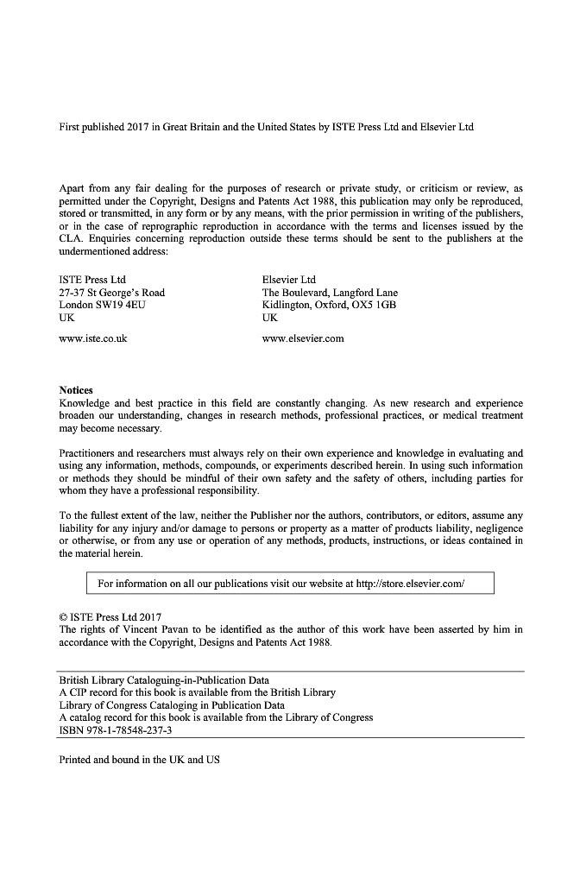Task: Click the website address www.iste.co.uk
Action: (x=92, y=338)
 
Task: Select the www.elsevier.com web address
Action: (x=302, y=338)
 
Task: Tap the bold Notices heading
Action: (x=76, y=390)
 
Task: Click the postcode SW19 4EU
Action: (x=117, y=305)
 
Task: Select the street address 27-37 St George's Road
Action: (x=111, y=293)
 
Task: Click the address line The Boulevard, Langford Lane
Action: (x=330, y=293)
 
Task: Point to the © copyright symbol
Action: (x=63, y=617)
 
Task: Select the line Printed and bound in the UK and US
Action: (x=139, y=760)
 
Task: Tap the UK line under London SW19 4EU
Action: (x=66, y=318)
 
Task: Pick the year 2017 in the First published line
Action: (x=138, y=128)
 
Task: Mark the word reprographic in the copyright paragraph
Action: (x=155, y=226)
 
